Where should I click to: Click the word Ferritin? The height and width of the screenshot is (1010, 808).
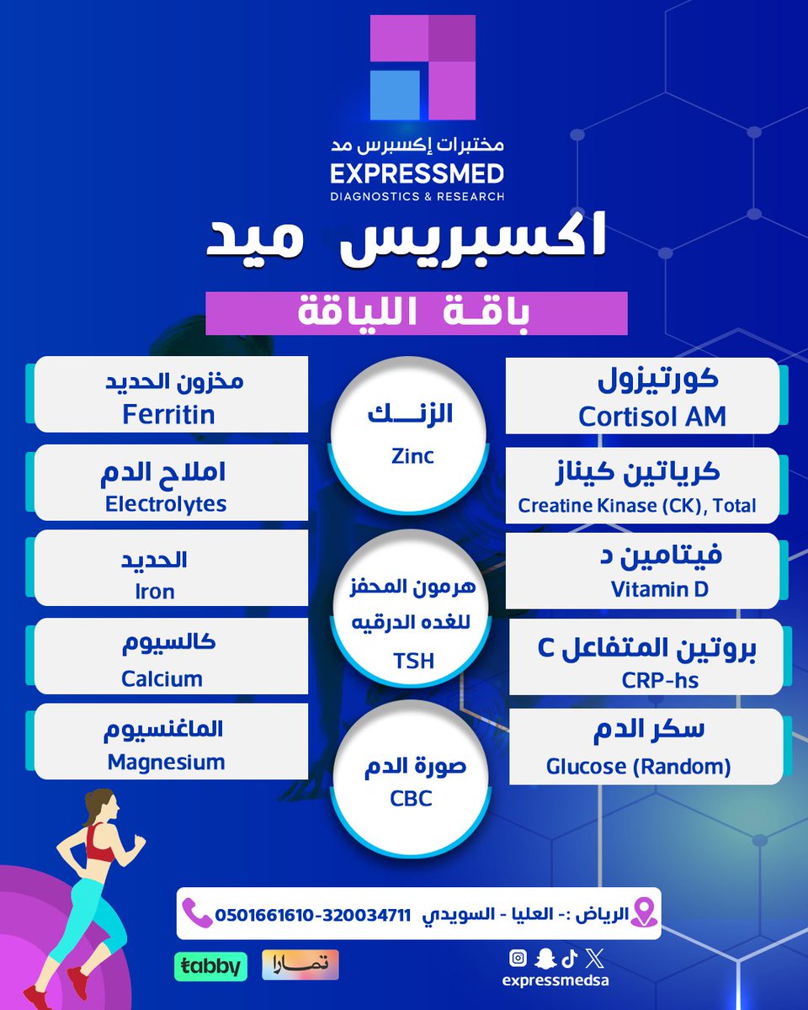(x=168, y=414)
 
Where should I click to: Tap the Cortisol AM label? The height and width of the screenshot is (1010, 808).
(x=652, y=417)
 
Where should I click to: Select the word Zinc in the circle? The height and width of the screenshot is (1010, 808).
(x=412, y=455)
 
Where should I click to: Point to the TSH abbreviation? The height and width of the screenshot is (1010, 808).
(x=413, y=661)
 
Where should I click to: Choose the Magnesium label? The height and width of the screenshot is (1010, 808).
(x=167, y=763)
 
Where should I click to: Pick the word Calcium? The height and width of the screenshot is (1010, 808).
(x=162, y=678)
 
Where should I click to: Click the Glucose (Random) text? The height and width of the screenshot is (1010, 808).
(x=639, y=767)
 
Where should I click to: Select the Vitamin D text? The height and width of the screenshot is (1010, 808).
(x=660, y=589)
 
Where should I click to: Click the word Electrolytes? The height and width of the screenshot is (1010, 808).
(x=166, y=503)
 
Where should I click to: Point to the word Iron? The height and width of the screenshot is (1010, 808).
(x=155, y=592)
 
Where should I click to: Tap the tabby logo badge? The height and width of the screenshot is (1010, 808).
(x=210, y=965)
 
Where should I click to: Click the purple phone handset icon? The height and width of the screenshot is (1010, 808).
(x=197, y=912)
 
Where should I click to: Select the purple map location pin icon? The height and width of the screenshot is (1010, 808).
(x=643, y=912)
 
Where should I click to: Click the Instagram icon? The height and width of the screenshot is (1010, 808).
(x=518, y=958)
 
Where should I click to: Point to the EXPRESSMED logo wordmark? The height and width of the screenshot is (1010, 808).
(x=417, y=175)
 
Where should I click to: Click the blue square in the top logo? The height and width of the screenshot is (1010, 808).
(x=395, y=94)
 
